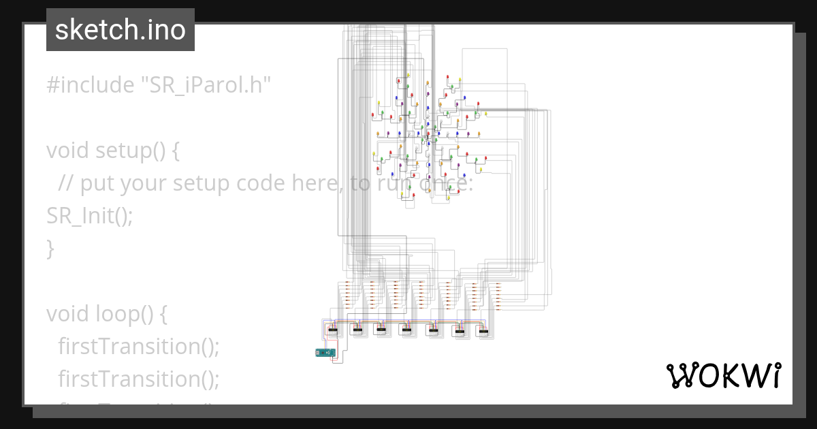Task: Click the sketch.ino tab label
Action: (x=120, y=30)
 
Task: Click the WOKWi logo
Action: (x=724, y=375)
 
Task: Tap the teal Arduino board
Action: (x=325, y=352)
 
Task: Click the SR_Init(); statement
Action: (x=89, y=216)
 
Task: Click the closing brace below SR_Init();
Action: (x=50, y=249)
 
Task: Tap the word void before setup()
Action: (x=68, y=150)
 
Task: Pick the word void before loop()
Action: (x=68, y=314)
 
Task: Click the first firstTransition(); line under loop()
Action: (x=139, y=347)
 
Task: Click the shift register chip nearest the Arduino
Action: (x=333, y=330)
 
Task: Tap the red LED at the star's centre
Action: (x=428, y=133)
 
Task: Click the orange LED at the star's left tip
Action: (x=378, y=133)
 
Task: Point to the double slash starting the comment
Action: (x=66, y=183)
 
